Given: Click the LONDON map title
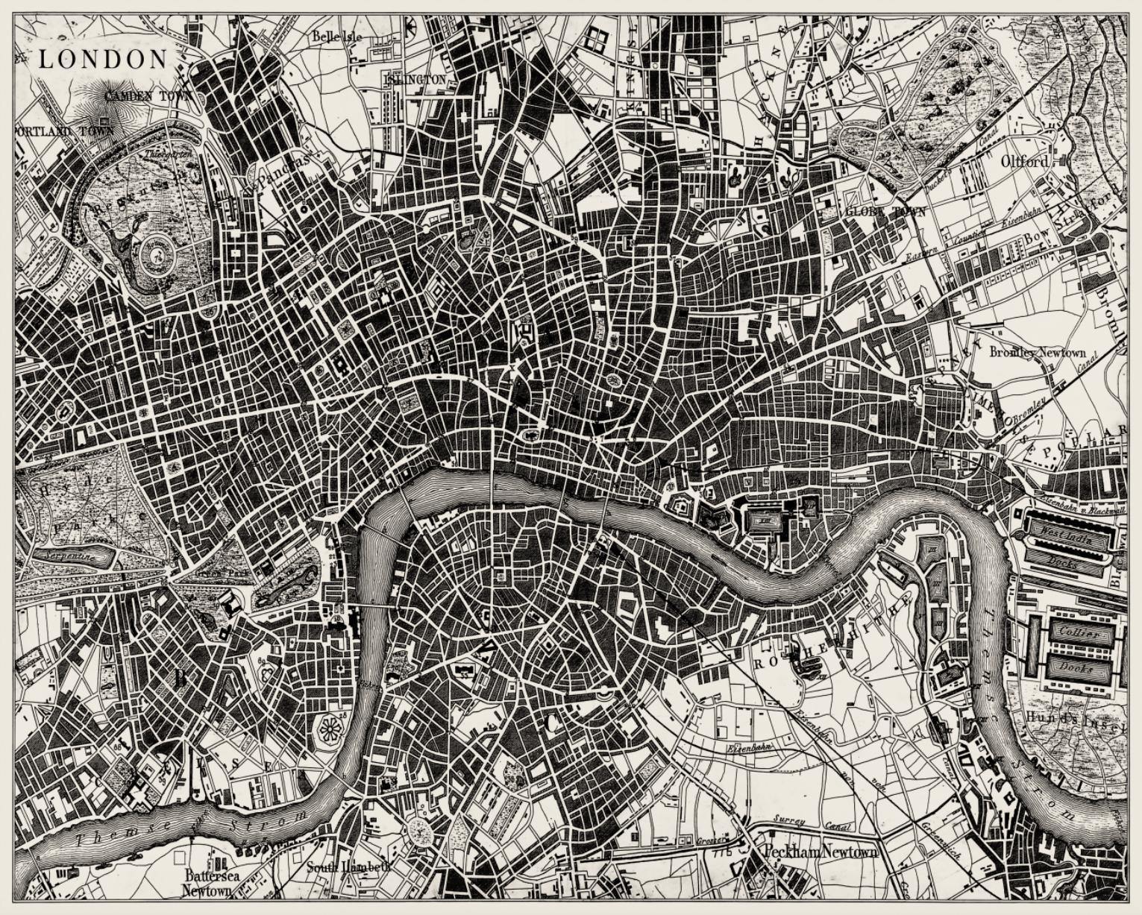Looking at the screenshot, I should (x=103, y=60).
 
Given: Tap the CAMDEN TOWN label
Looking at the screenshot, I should (x=148, y=96).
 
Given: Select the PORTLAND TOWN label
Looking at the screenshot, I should (x=64, y=131).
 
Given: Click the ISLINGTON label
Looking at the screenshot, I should (x=415, y=79).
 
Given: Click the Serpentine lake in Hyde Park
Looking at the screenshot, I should (x=67, y=556).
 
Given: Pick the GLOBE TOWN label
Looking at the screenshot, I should (x=885, y=212).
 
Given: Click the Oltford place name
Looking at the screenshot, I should (x=1024, y=161).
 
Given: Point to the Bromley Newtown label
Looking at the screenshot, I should (x=1038, y=352).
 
